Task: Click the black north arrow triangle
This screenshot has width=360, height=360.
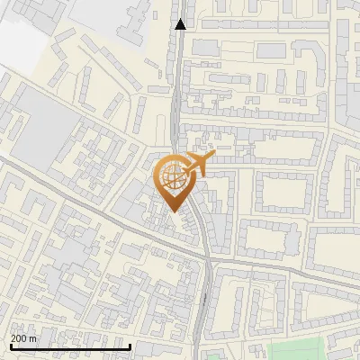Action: (x=181, y=24)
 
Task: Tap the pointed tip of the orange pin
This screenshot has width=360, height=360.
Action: (x=174, y=211)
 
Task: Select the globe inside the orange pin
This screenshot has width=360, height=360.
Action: (x=174, y=178)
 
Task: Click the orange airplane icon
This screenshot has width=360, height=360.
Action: (x=196, y=165)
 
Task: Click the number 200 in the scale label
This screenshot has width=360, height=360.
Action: (x=19, y=339)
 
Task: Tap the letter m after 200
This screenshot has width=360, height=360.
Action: (x=33, y=339)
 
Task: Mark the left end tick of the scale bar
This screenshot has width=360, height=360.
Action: (x=10, y=346)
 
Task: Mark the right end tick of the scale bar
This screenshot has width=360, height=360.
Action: (x=130, y=346)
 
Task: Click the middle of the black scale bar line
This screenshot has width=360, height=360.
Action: (x=70, y=347)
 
